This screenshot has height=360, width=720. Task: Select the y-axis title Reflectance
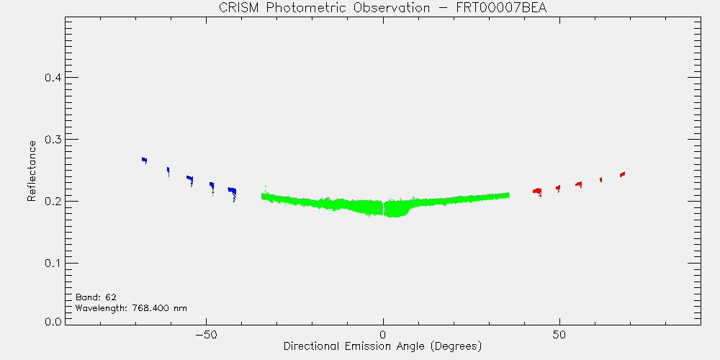point(31,171)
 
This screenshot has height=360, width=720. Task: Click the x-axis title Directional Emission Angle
point(354,346)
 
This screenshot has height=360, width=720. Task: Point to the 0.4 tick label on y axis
point(53,78)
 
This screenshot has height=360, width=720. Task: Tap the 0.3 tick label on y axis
point(53,140)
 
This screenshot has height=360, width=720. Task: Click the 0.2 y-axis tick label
point(53,202)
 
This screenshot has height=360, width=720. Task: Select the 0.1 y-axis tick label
point(53,264)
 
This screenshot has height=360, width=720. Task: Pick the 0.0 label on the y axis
point(53,321)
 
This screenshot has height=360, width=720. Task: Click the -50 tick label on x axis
point(206,334)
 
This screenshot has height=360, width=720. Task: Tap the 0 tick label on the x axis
point(383,334)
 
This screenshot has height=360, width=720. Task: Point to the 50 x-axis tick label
point(559,334)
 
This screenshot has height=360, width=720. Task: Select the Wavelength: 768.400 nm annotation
point(131,308)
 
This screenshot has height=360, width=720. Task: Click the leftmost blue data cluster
point(144,160)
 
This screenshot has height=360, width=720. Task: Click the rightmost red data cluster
point(623,174)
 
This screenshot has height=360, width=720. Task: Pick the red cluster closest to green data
point(537,191)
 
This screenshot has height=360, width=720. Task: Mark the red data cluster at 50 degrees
point(559,188)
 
